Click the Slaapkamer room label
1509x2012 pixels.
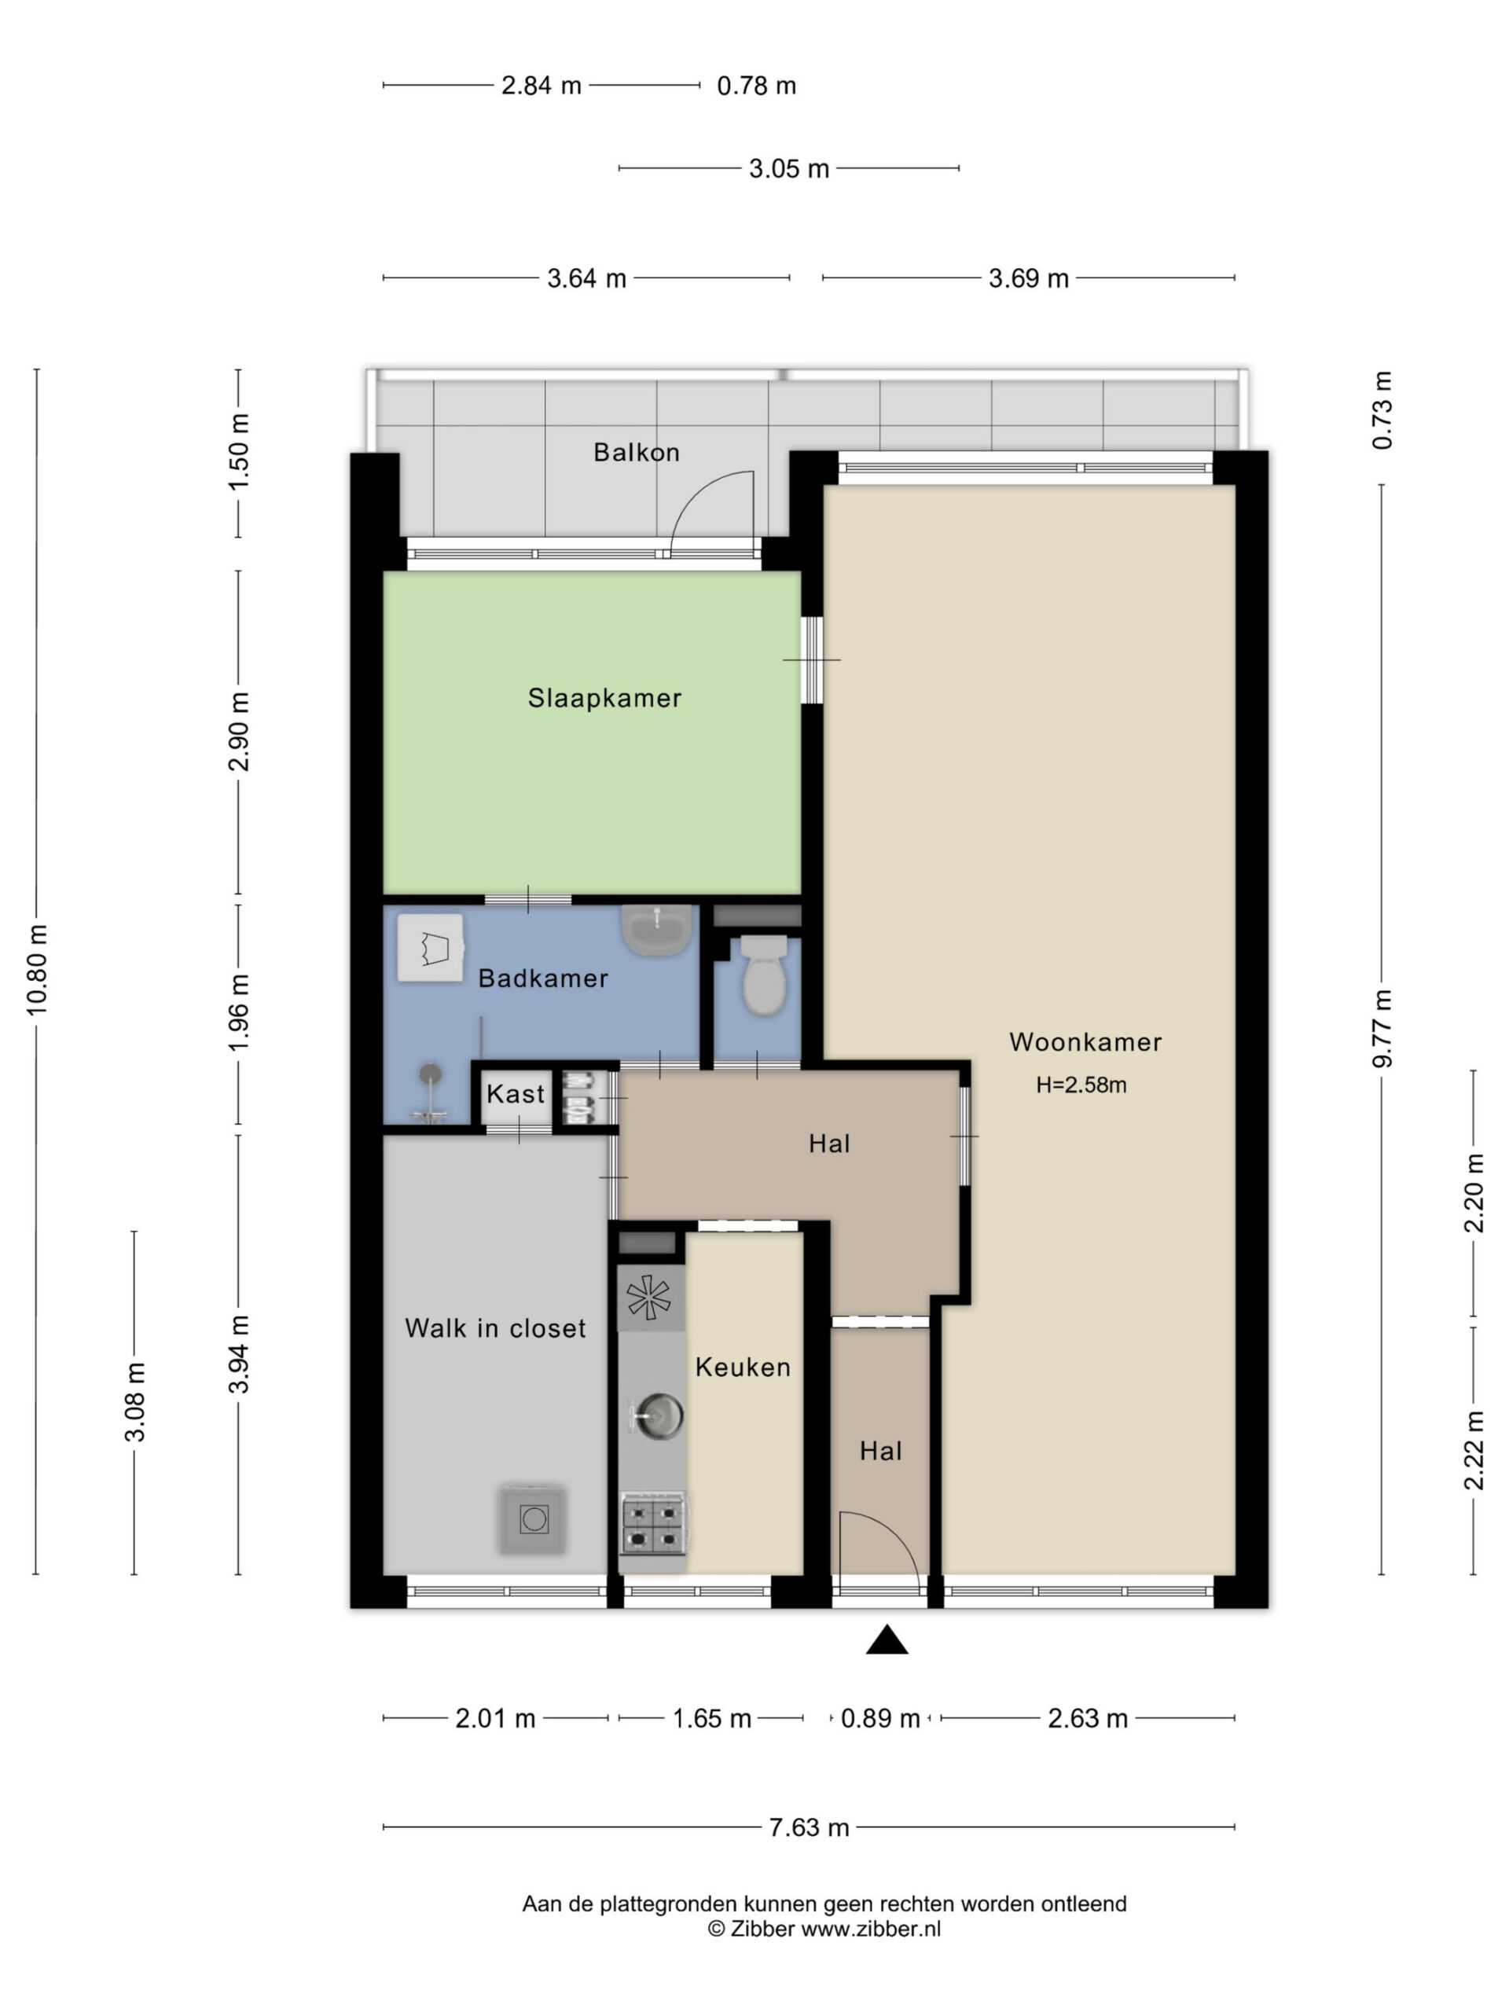(x=604, y=698)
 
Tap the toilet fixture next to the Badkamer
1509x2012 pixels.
(x=764, y=975)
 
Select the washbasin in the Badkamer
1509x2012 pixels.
(x=655, y=930)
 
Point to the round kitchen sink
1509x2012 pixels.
(x=658, y=1415)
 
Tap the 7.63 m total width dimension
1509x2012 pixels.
(x=809, y=1827)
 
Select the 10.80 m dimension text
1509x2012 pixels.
(x=36, y=970)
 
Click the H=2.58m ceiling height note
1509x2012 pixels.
(x=1081, y=1085)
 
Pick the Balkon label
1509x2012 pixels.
(x=637, y=452)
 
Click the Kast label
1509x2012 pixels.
(x=516, y=1093)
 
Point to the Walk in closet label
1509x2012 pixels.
(x=496, y=1328)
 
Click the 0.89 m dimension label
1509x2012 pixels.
(x=879, y=1718)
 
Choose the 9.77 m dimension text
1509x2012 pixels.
(x=1382, y=1027)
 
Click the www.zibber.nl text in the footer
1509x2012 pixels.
(x=871, y=1929)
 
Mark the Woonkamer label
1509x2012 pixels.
(x=1085, y=1042)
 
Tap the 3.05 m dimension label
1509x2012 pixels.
(x=788, y=168)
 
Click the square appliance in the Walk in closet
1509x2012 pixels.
(x=533, y=1519)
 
